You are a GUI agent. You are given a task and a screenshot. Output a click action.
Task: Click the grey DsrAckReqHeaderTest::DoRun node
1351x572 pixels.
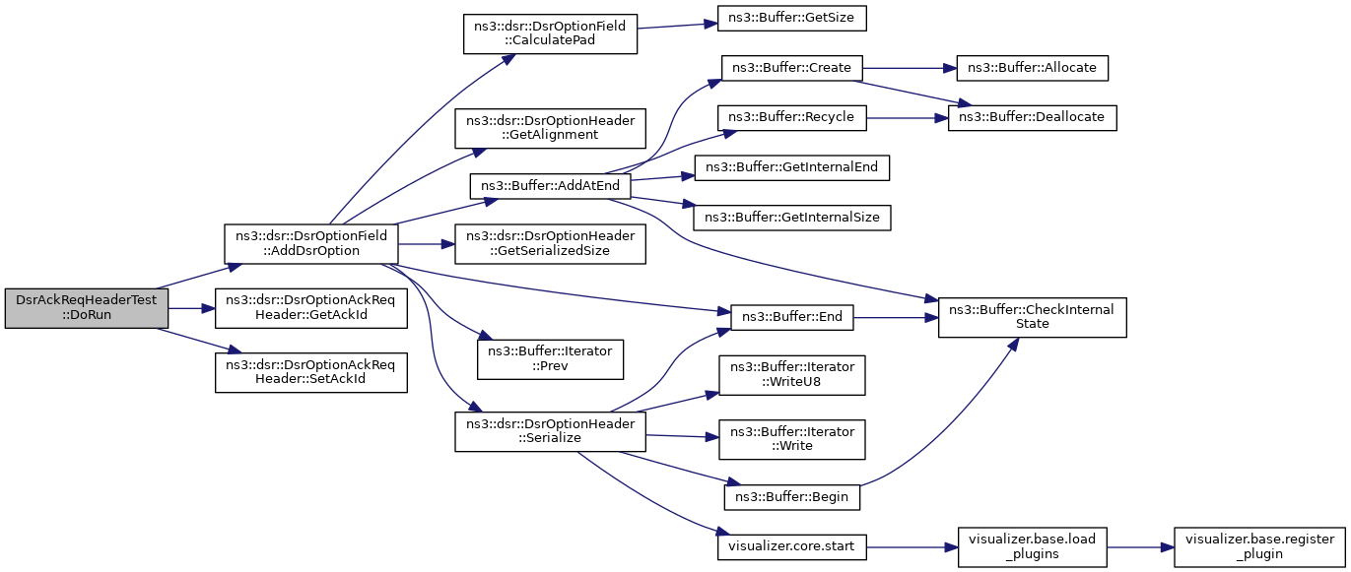[x=87, y=308]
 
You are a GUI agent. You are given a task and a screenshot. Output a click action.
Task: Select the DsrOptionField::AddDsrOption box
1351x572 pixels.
[x=311, y=243]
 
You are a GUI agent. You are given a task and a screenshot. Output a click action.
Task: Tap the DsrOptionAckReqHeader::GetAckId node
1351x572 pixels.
[x=311, y=308]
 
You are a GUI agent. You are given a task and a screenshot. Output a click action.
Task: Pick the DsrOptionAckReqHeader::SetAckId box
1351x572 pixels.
[x=311, y=372]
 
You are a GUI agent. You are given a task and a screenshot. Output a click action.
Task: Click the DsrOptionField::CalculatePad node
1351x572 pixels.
[x=550, y=33]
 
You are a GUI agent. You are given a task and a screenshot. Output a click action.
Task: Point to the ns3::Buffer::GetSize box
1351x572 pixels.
[x=792, y=18]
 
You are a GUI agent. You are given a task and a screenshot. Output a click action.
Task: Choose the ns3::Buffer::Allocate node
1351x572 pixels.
[x=1032, y=68]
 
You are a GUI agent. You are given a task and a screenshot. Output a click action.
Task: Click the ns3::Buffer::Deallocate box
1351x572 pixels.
[x=1032, y=117]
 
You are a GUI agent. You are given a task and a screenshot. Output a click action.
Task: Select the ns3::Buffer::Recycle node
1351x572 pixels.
[x=792, y=117]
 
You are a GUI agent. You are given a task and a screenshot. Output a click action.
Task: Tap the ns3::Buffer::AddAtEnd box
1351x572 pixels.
[x=550, y=186]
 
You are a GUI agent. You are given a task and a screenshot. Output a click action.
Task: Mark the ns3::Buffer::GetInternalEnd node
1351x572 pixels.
[x=792, y=167]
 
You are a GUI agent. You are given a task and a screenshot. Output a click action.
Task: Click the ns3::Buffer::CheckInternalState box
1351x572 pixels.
[x=1032, y=317]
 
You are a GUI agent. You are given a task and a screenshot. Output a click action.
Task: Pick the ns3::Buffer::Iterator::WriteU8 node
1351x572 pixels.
[x=792, y=375]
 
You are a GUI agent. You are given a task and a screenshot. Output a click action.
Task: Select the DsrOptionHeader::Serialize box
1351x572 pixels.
[x=550, y=431]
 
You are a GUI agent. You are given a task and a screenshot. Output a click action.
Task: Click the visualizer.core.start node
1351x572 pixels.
[x=792, y=546]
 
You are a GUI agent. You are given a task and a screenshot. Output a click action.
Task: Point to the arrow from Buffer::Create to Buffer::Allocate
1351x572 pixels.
[x=911, y=68]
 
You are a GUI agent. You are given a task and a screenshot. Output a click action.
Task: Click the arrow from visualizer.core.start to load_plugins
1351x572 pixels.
[x=912, y=547]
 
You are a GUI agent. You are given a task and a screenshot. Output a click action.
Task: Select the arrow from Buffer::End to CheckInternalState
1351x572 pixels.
[x=897, y=318]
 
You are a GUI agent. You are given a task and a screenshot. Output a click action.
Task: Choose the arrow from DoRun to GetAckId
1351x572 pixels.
[x=192, y=308]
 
